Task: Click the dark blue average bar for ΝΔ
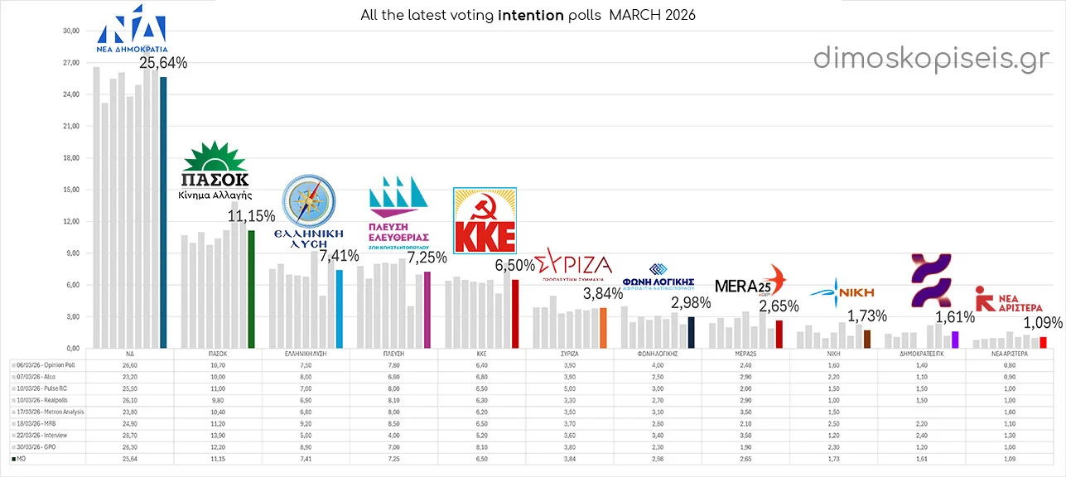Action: pyautogui.click(x=163, y=212)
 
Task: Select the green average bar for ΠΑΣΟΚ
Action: pyautogui.click(x=251, y=289)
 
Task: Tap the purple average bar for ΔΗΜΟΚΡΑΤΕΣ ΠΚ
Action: pyautogui.click(x=955, y=340)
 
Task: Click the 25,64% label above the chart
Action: pyautogui.click(x=163, y=63)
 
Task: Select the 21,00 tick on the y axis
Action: pyautogui.click(x=70, y=126)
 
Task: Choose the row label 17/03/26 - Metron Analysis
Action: pyautogui.click(x=50, y=412)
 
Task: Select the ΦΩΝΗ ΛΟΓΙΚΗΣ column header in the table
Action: pyautogui.click(x=658, y=353)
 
